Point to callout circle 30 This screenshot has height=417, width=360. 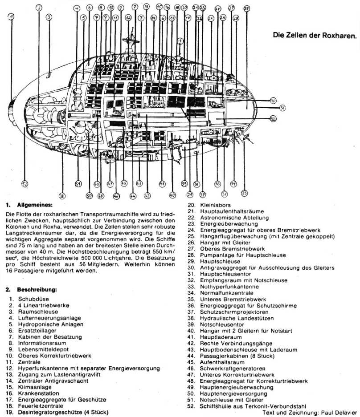(x=274, y=101)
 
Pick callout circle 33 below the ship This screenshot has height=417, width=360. (x=244, y=193)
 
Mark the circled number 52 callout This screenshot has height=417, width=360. (x=25, y=184)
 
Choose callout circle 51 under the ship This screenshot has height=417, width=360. (x=78, y=184)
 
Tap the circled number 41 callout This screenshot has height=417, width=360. (x=162, y=184)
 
